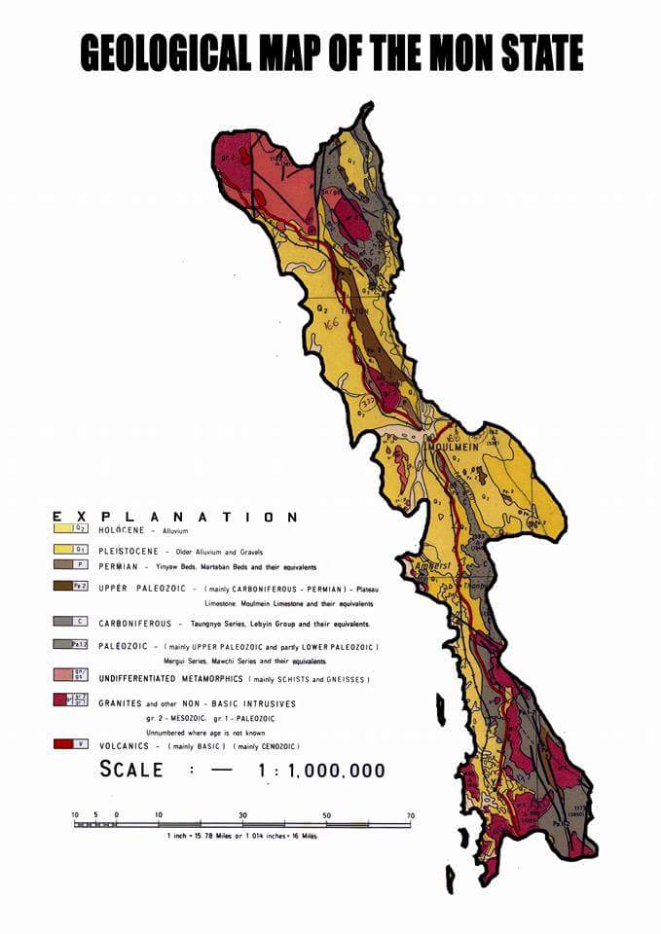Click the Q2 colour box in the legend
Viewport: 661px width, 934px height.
pyautogui.click(x=65, y=530)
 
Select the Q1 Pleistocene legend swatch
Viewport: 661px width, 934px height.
pyautogui.click(x=65, y=549)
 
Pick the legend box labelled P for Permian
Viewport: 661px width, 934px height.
pyautogui.click(x=65, y=564)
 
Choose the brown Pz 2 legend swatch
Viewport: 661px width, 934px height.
pyautogui.click(x=65, y=586)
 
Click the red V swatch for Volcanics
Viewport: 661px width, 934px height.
pyautogui.click(x=65, y=745)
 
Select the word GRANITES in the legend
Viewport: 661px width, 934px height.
pyautogui.click(x=122, y=702)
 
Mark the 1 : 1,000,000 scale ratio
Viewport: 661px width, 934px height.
pyautogui.click(x=321, y=771)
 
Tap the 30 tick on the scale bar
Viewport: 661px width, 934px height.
pyautogui.click(x=242, y=815)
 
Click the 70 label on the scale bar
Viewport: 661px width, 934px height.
pyautogui.click(x=411, y=815)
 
